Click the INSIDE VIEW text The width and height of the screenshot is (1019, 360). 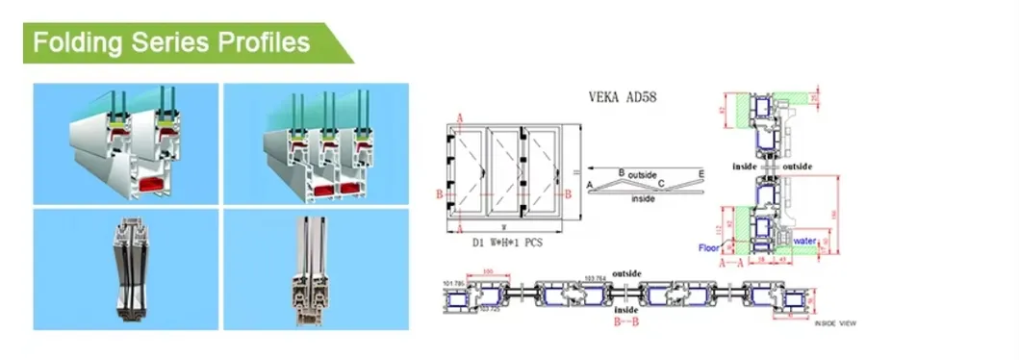[835, 324]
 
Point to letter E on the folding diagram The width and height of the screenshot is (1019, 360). [701, 173]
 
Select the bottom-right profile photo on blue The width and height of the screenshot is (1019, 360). [316, 269]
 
